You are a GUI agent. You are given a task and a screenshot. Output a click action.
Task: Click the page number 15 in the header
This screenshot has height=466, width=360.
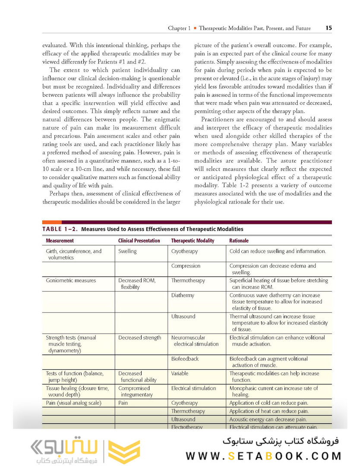coord(328,28)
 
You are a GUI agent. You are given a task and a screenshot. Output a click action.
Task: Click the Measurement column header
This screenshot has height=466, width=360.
coord(60,241)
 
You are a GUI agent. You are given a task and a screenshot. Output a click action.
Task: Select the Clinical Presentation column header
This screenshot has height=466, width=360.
coord(139,241)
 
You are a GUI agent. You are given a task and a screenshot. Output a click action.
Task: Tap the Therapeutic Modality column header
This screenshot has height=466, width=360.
coord(193,241)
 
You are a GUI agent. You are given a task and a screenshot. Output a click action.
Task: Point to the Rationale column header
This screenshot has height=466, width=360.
coord(239,241)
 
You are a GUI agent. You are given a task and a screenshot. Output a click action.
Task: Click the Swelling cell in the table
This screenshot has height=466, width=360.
coord(127,251)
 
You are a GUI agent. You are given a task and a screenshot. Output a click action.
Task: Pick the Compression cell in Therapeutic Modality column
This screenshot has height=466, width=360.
coord(186,266)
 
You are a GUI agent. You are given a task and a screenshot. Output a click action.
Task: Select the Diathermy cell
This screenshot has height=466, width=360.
coord(183,296)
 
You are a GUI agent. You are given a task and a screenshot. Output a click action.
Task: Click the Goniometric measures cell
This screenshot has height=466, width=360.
coord(71,280)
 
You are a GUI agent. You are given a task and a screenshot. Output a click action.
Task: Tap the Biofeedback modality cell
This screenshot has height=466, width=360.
coord(185,359)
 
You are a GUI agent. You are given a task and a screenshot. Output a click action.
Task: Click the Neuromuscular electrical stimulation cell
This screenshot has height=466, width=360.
coord(194,341)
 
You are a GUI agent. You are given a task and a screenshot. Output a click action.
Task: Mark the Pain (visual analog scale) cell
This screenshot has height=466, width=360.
coord(73,403)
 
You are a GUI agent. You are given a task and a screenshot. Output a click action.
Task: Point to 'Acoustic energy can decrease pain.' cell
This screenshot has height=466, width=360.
coord(268,419)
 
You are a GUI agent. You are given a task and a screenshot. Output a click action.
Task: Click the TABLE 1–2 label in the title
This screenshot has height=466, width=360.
coord(60,229)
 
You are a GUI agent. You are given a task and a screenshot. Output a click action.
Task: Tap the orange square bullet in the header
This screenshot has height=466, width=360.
coord(195,28)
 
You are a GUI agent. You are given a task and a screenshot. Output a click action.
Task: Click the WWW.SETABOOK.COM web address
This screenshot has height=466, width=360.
coord(263,456)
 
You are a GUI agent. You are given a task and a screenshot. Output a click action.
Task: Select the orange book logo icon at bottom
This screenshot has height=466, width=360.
coord(123,452)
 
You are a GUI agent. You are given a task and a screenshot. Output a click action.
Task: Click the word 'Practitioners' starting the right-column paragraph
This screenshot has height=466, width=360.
coord(221,120)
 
